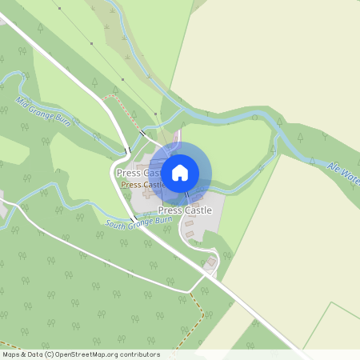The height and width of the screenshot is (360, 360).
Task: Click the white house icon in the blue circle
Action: pos(180,172)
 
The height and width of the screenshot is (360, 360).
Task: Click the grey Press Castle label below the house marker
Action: pos(185,210)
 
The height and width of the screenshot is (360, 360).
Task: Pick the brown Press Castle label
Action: pos(142,184)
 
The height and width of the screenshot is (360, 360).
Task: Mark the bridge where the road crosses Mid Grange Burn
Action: pos(126,150)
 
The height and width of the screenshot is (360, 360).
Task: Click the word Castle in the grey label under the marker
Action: pos(198,210)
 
